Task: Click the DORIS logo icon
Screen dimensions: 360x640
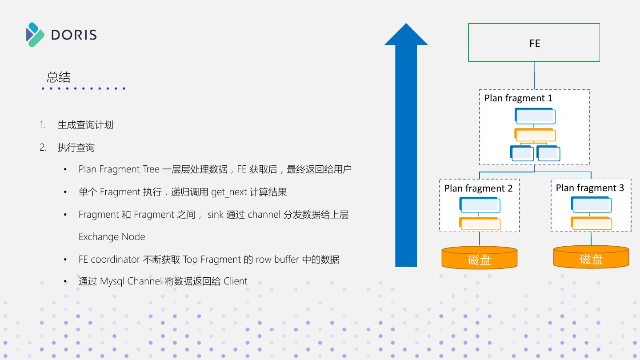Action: (35, 35)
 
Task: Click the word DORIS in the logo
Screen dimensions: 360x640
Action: (74, 35)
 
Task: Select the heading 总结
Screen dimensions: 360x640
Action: (59, 77)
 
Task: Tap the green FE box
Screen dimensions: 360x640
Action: (534, 43)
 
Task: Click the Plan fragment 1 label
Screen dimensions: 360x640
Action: (518, 98)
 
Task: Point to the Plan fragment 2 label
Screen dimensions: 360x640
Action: (478, 188)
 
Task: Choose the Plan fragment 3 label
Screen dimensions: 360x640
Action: (590, 188)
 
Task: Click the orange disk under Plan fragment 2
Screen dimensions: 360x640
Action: (479, 258)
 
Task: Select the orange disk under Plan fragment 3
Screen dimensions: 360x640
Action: (591, 257)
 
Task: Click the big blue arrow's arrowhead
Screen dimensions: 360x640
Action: (406, 36)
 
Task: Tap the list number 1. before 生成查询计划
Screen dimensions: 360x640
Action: (42, 125)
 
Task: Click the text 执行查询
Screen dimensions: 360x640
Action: (76, 148)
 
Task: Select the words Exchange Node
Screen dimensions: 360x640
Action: (112, 236)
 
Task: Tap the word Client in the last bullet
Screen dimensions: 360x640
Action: (235, 281)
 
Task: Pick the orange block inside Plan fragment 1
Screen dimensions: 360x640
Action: (535, 135)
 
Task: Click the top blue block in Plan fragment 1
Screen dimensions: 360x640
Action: (535, 116)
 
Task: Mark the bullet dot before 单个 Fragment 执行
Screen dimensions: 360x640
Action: (65, 192)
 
